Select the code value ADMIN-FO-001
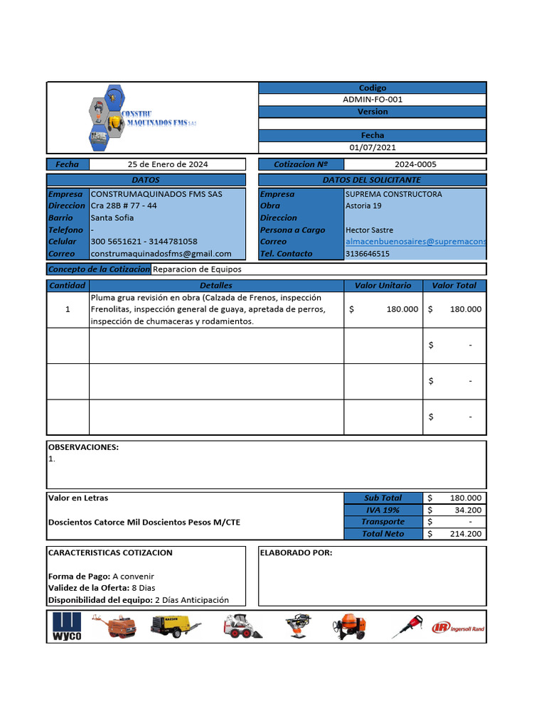(373, 100)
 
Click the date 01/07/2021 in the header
(373, 147)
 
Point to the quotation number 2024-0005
(416, 164)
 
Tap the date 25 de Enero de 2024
(168, 164)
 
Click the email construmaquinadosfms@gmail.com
(161, 254)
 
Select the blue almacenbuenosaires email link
(415, 242)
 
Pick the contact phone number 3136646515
(367, 254)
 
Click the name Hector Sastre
(369, 230)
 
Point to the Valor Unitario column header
(383, 285)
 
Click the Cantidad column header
(68, 285)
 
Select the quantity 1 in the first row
(68, 309)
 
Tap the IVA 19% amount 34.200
(467, 510)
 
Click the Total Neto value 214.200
(466, 534)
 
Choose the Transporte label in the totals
(383, 522)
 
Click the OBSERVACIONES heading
(83, 447)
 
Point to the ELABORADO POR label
(296, 552)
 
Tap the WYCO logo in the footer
(68, 626)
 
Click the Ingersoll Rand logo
(459, 627)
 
